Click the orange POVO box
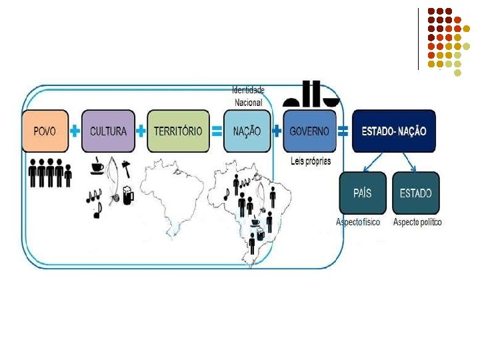pos(45,131)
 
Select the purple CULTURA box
pos(107,131)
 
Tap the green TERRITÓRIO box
pos(177,131)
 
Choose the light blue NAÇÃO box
pos(247,131)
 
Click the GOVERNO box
pos(309,131)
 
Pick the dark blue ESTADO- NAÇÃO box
pos(393,131)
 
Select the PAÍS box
pos(362,193)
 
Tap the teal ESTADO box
pos(415,193)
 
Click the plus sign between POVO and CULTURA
pos(75,131)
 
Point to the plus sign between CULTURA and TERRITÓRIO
pos(141,131)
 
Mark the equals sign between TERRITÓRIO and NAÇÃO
pos(217,131)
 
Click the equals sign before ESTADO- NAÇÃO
pos(343,131)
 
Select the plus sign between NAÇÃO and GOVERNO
pos(277,131)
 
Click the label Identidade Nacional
pos(248,96)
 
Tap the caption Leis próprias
pos(311,161)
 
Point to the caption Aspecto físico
pos(359,222)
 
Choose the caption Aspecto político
pos(417,222)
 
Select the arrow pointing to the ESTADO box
pos(408,162)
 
